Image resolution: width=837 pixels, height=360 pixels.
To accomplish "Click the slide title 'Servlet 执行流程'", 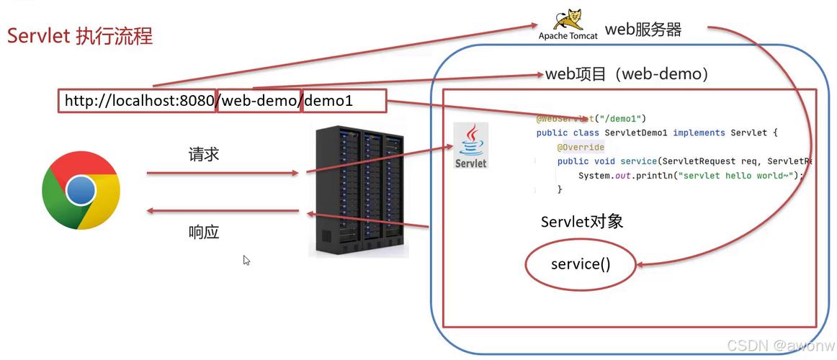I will pos(80,36).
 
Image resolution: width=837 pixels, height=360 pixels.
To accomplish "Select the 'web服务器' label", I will pos(643,30).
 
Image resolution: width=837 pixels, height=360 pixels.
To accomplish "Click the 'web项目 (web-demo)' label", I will pos(627,74).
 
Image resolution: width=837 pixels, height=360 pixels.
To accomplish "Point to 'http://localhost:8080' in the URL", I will pos(139,101).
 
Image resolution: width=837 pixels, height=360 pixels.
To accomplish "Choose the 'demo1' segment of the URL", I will pos(329,101).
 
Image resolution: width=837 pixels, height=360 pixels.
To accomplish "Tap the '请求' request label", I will pos(204,154).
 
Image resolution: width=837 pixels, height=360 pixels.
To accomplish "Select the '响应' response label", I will pos(204,232).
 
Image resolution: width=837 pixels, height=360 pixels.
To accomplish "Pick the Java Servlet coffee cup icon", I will pos(471,145).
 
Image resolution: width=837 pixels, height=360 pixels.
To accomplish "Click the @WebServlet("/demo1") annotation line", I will pos(591,118).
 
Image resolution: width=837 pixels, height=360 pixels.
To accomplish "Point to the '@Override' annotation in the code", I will pos(581,147).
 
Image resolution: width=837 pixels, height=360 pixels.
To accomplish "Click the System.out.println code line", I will pos(690,176).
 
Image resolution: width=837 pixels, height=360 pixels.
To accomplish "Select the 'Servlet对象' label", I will pos(582,222).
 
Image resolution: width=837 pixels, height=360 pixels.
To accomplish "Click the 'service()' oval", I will pos(581,264).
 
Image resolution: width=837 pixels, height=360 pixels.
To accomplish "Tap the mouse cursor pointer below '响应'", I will pos(246,260).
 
